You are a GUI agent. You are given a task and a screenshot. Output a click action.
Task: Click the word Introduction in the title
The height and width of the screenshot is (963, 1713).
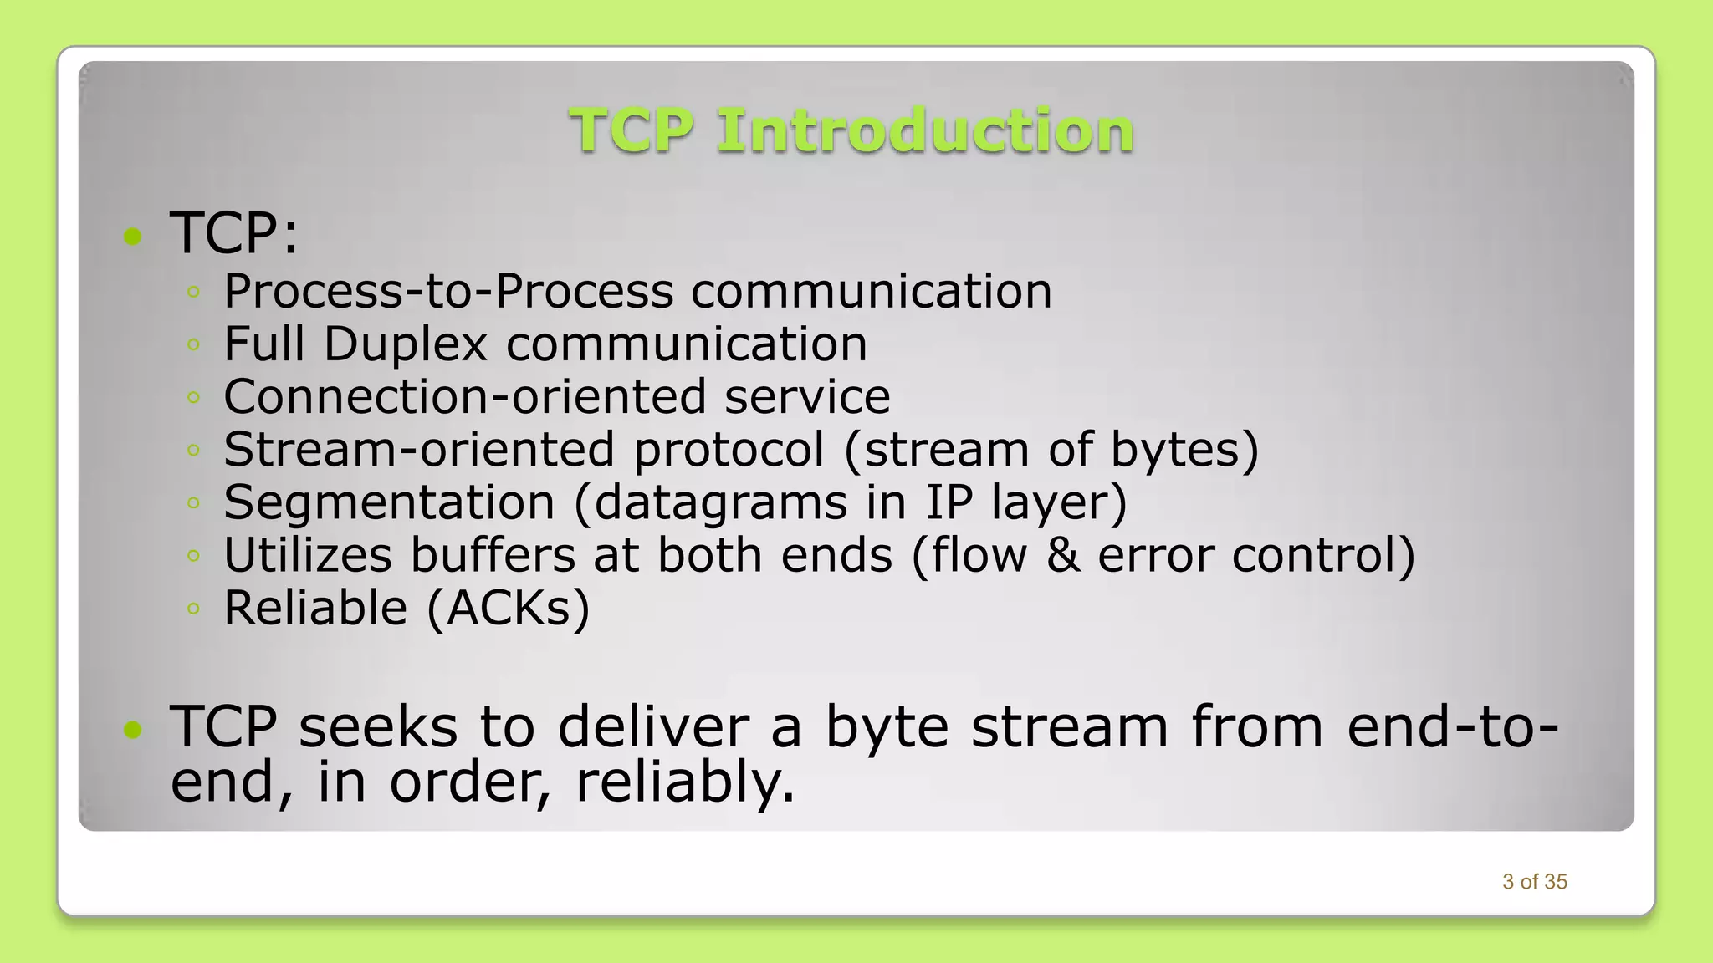coord(925,131)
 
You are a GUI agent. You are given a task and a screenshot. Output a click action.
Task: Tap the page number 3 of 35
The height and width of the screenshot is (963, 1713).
coord(1534,882)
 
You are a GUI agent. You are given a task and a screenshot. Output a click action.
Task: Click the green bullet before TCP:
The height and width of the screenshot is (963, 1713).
coord(132,237)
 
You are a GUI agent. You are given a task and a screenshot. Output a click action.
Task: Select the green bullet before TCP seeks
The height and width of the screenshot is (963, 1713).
coord(132,731)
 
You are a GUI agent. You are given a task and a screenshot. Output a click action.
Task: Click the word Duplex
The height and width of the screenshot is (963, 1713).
coord(405,344)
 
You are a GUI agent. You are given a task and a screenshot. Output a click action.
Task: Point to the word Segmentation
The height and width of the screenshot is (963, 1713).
coord(389,502)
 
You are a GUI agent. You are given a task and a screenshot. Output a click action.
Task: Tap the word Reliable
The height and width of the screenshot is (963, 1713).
coord(315,608)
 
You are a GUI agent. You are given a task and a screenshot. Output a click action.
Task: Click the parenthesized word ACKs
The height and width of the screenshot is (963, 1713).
coord(508,608)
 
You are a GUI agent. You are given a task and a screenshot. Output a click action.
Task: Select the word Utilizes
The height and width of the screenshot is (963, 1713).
coord(308,555)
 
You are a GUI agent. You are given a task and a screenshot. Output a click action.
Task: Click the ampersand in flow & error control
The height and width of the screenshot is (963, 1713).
coord(1062,555)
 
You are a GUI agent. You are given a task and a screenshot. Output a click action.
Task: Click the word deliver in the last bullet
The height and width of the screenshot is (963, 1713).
coord(653,726)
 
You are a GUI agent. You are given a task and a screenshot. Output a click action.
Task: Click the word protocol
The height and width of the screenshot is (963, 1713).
coord(729,450)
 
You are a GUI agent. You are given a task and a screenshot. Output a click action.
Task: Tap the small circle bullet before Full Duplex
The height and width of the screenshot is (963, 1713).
coord(193,344)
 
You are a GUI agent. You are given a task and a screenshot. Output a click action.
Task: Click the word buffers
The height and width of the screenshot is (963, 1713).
coord(493,555)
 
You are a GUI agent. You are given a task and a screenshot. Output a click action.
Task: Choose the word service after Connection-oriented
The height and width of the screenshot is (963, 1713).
coord(806,397)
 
